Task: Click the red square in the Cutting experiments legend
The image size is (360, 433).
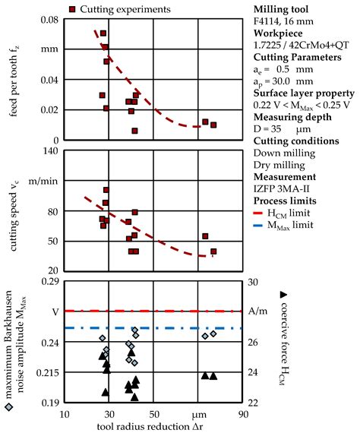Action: click(72, 9)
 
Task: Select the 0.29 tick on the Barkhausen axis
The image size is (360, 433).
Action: click(46, 281)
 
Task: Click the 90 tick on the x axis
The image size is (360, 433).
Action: click(243, 415)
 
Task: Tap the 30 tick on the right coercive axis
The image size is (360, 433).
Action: click(256, 281)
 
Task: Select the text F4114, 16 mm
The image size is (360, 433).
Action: click(286, 22)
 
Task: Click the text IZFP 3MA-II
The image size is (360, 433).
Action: click(281, 185)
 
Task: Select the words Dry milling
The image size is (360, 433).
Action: click(277, 160)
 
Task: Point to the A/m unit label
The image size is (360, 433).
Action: click(258, 312)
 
